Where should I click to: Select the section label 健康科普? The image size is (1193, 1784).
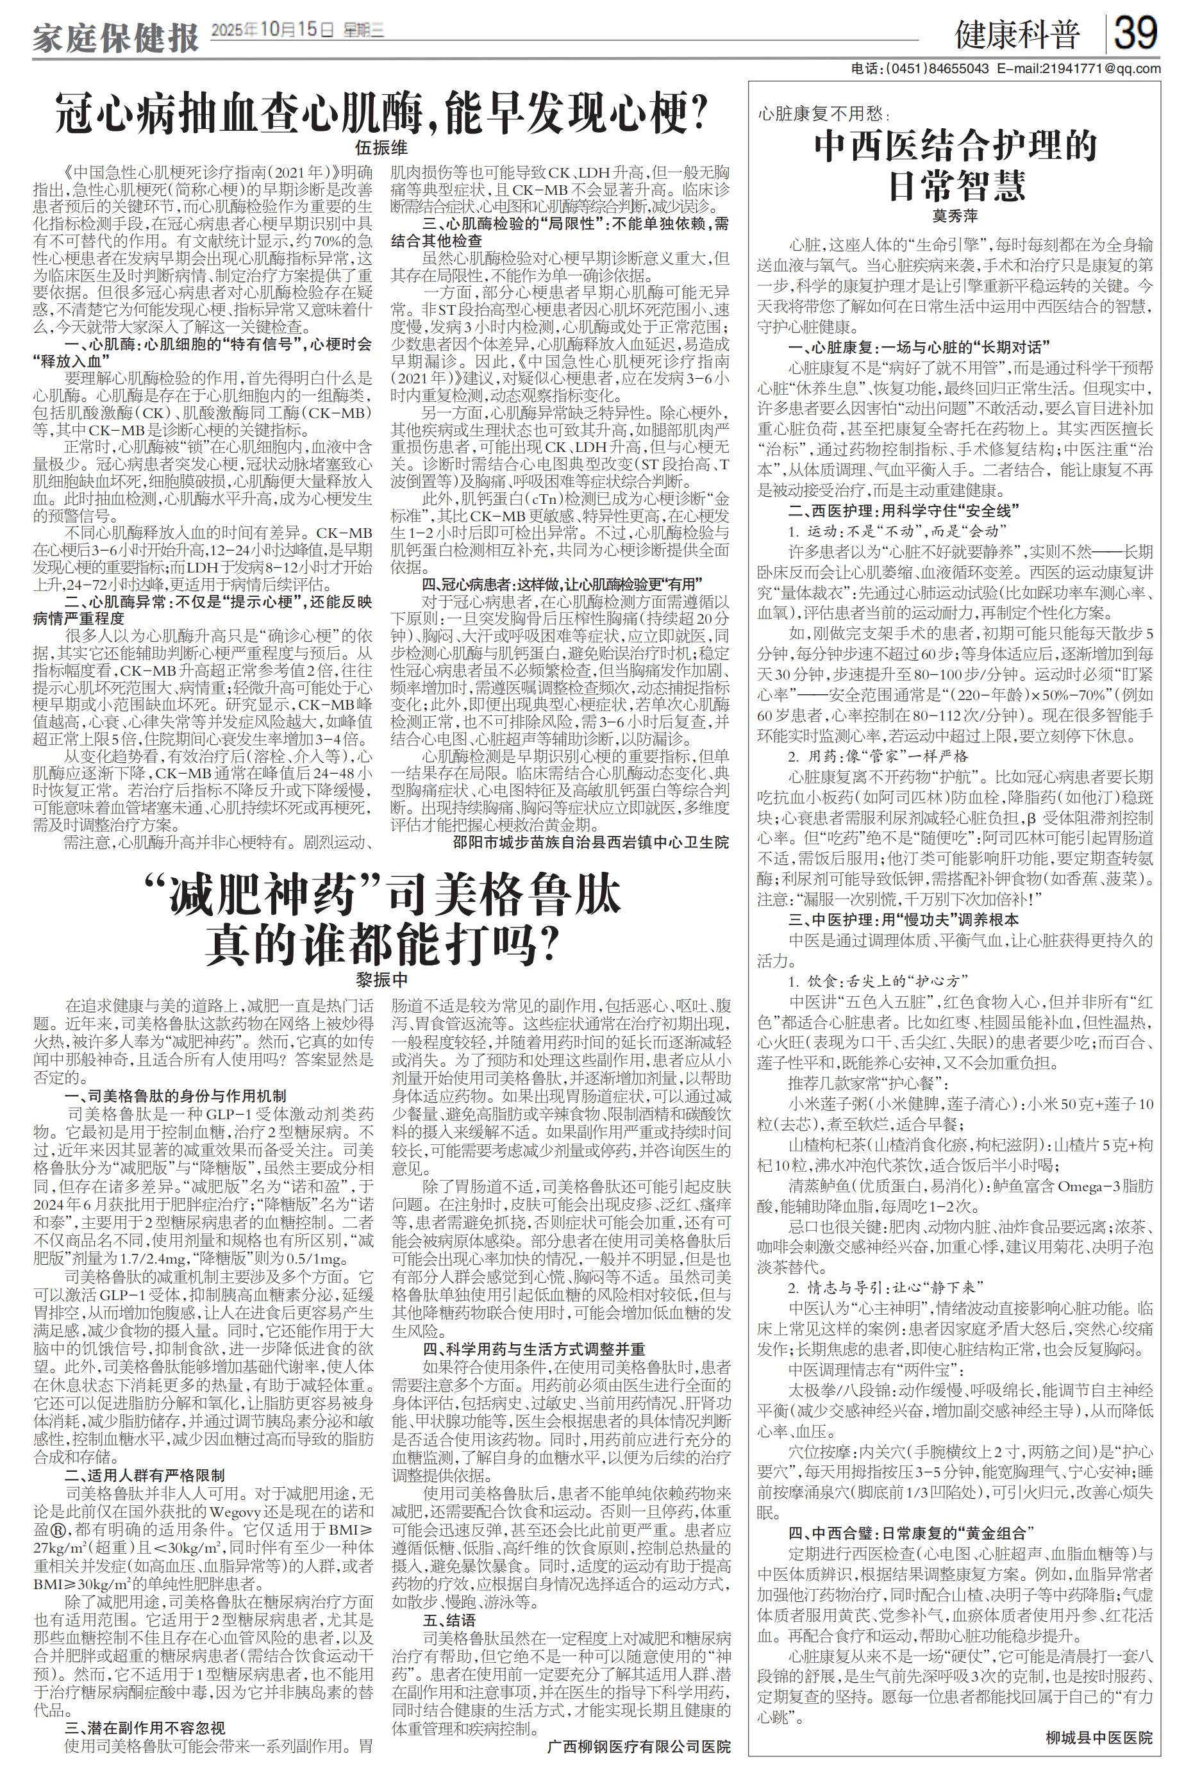tap(1017, 35)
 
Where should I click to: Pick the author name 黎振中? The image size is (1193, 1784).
tap(381, 979)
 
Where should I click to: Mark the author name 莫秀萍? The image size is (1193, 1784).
tap(955, 217)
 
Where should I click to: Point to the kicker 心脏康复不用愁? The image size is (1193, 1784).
tap(823, 114)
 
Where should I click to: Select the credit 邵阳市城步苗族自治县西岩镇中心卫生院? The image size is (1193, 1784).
tap(590, 842)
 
